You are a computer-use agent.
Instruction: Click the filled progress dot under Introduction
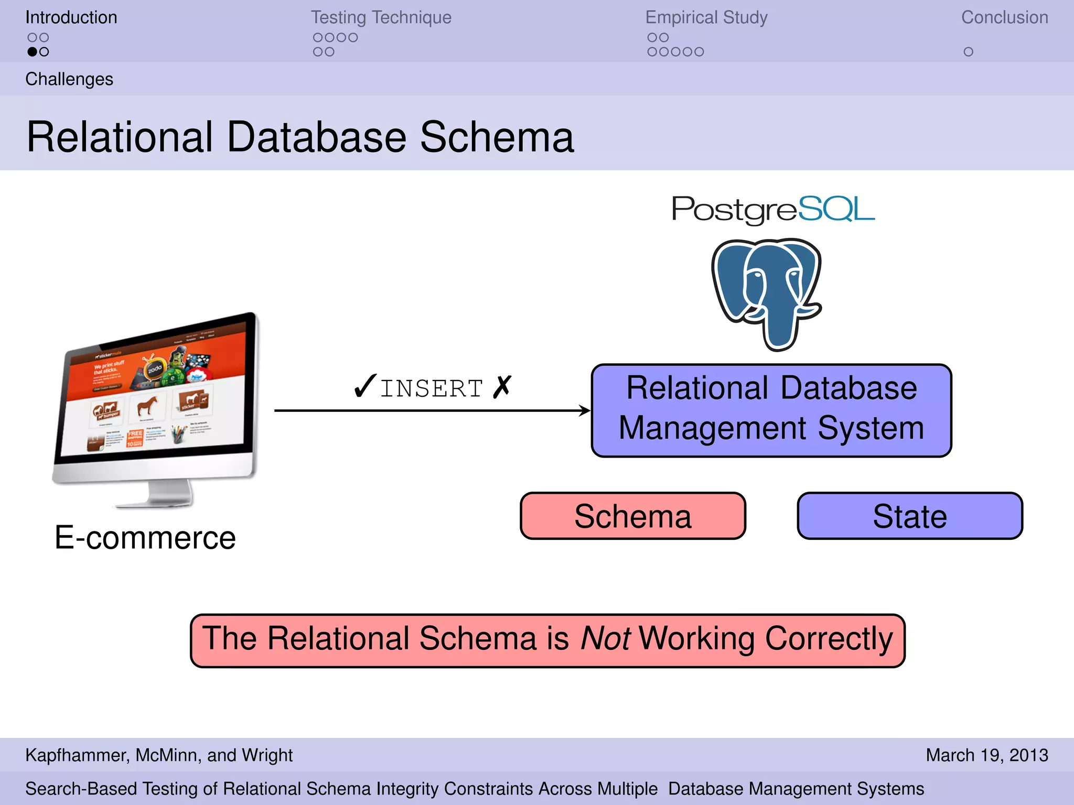[x=33, y=52]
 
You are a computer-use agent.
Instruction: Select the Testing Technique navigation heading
[x=381, y=17]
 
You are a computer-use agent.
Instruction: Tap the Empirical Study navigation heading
[x=706, y=17]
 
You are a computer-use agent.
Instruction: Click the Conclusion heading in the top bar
[x=1004, y=17]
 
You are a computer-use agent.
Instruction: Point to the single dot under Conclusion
[x=968, y=52]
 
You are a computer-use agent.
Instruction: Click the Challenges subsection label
[x=69, y=79]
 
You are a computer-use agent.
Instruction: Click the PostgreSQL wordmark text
[x=773, y=209]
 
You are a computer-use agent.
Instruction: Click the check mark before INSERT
[x=364, y=387]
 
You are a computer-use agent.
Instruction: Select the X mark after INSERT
[x=502, y=387]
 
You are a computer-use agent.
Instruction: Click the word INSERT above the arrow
[x=431, y=389]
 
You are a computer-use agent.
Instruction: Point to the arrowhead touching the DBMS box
[x=585, y=410]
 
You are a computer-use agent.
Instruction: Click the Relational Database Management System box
[x=771, y=410]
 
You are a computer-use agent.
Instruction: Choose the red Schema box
[x=632, y=516]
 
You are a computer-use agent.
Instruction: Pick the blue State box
[x=909, y=516]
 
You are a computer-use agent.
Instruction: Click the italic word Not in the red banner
[x=605, y=639]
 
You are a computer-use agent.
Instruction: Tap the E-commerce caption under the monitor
[x=145, y=538]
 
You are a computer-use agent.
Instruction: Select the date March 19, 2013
[x=986, y=755]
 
